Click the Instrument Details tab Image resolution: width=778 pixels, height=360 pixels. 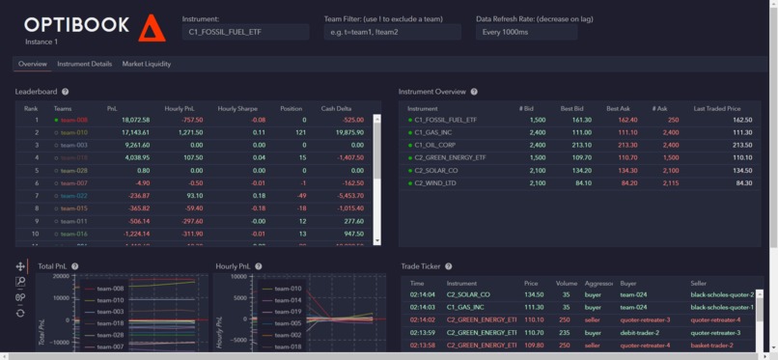tap(84, 64)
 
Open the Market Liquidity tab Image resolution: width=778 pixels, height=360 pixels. tap(147, 64)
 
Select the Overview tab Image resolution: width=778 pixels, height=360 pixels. tap(33, 64)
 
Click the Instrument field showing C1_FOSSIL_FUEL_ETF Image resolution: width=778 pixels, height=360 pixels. tap(245, 33)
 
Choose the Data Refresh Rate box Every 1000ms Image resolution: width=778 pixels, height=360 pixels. tap(526, 33)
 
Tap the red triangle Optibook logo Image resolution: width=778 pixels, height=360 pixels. tap(152, 28)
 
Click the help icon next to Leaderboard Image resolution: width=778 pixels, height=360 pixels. tap(66, 92)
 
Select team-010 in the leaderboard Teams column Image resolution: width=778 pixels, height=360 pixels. tap(73, 132)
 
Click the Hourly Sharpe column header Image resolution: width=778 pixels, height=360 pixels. tap(237, 108)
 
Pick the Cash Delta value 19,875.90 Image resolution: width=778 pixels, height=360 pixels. tap(347, 132)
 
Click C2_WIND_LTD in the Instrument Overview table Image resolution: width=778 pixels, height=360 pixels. tap(435, 182)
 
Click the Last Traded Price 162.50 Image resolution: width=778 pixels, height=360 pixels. tap(741, 120)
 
